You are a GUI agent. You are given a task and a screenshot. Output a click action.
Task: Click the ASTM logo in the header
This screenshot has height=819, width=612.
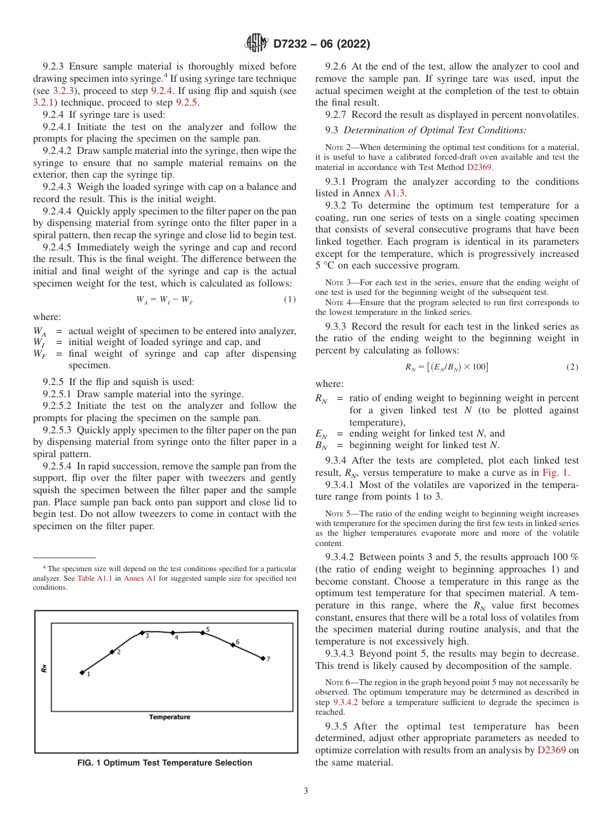(x=256, y=44)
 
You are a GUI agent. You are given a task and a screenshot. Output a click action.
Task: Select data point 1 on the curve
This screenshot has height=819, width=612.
(x=82, y=673)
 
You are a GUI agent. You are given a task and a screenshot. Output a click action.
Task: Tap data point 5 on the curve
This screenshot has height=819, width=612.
(x=202, y=633)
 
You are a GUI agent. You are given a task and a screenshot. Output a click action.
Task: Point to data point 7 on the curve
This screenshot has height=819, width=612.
(x=263, y=658)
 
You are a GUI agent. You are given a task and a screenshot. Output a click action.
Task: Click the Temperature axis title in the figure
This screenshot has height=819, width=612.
(x=169, y=717)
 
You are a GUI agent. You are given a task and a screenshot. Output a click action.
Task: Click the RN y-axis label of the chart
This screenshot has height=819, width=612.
(x=44, y=668)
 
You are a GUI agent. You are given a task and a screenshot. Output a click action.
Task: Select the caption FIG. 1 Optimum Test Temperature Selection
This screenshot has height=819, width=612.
(x=164, y=763)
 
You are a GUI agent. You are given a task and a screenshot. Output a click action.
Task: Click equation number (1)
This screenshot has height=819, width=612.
(x=290, y=299)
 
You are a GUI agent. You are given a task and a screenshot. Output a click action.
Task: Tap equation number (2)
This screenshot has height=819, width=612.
(x=572, y=367)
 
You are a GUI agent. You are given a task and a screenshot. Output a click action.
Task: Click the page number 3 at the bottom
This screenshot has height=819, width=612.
(x=305, y=791)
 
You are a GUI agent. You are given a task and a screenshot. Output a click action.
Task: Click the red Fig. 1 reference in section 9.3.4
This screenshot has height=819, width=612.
(x=554, y=472)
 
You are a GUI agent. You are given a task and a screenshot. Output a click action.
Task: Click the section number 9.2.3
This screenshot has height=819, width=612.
(x=54, y=66)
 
